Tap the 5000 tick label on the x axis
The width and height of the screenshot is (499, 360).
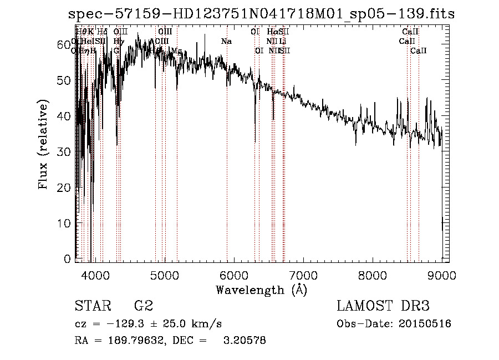(x=165, y=275)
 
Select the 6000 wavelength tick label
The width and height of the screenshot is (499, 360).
(x=234, y=275)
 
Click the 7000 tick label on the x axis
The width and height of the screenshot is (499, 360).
(x=303, y=275)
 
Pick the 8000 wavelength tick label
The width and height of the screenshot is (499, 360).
(x=373, y=275)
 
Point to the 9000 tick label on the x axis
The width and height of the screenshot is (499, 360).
(x=441, y=275)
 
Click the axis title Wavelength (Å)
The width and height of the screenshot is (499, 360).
(x=261, y=290)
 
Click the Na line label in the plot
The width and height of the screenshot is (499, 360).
(x=226, y=42)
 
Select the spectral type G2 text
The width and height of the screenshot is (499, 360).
(x=142, y=307)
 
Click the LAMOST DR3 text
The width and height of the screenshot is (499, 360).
(x=383, y=307)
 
